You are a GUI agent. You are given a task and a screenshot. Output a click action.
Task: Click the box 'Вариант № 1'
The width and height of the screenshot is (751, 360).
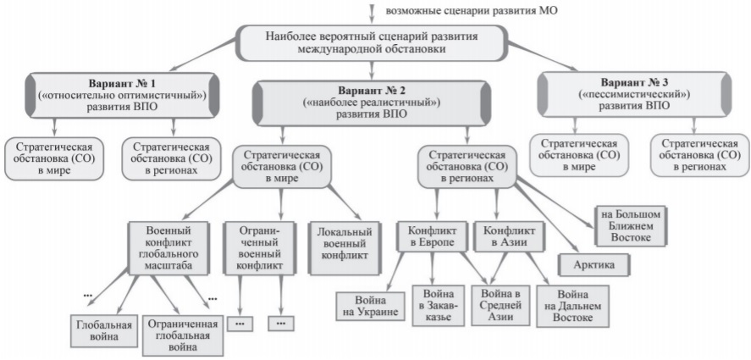(122, 96)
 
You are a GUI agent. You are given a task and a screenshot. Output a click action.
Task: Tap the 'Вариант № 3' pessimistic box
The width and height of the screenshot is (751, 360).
(635, 94)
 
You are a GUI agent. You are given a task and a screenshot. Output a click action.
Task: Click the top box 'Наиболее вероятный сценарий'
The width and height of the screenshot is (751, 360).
(372, 42)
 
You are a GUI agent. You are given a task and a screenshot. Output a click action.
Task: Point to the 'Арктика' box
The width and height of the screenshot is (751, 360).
(594, 265)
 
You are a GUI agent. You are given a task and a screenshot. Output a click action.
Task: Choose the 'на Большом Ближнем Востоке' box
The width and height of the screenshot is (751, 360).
(631, 226)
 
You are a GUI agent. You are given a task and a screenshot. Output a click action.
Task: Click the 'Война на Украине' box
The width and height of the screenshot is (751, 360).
(371, 307)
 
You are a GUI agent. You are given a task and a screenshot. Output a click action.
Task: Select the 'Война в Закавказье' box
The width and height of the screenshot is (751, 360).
(439, 306)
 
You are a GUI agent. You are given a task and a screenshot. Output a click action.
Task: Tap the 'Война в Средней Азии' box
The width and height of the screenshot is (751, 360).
(501, 305)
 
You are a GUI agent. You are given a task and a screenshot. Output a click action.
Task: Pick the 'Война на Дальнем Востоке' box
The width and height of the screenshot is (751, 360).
(573, 307)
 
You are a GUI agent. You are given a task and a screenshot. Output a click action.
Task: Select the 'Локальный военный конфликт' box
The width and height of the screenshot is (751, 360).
(345, 248)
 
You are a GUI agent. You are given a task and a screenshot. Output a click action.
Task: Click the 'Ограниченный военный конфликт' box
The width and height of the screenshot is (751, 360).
(259, 248)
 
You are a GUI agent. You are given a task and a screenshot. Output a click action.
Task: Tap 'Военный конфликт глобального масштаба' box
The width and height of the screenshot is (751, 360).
(168, 248)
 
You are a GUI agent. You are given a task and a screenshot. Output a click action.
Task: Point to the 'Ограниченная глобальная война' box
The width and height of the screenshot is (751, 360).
(183, 335)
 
